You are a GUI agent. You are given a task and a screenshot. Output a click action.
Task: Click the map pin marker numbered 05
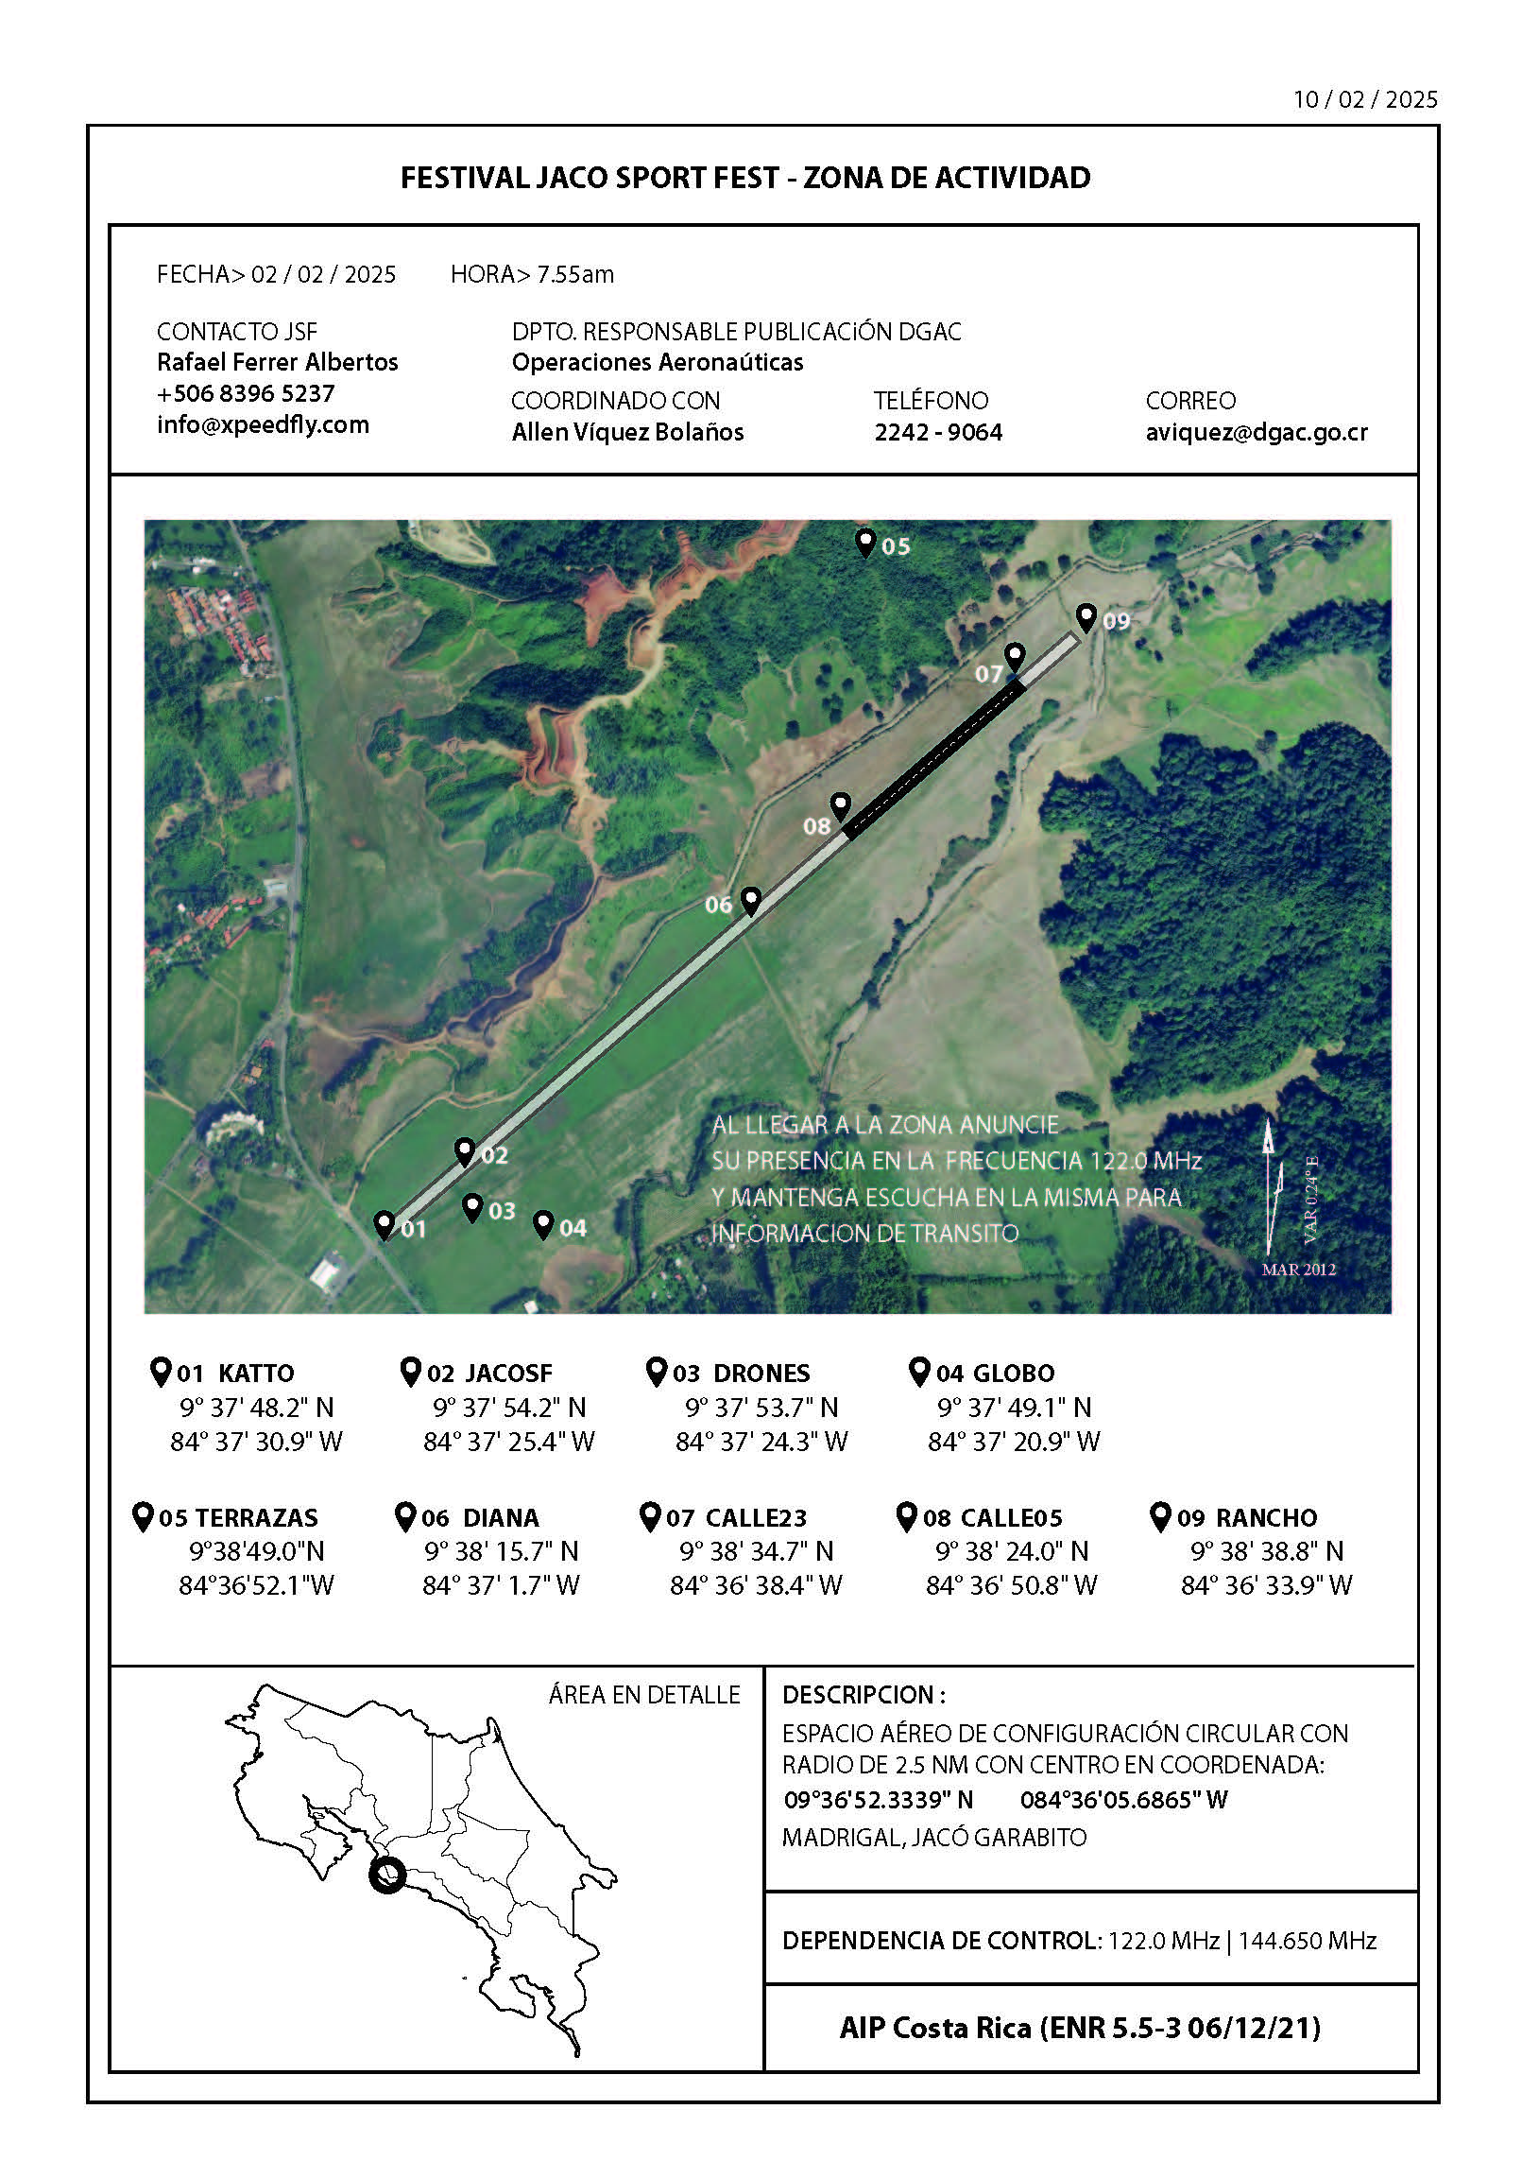[x=864, y=543]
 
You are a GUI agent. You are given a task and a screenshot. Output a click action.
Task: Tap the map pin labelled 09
[x=1086, y=617]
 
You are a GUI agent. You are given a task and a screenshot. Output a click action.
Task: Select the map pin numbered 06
[x=750, y=900]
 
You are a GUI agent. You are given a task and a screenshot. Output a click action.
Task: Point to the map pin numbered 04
[x=543, y=1223]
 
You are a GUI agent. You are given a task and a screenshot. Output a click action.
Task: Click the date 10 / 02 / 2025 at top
[x=1365, y=99]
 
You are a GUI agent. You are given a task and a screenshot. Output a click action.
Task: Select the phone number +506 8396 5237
[x=246, y=393]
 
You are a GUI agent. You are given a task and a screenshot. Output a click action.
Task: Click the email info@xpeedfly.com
[x=263, y=425]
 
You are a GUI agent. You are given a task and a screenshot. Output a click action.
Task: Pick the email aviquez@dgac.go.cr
[x=1257, y=433]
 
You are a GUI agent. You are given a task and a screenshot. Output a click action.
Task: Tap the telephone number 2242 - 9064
[x=938, y=433]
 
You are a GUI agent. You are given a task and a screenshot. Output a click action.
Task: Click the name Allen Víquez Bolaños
[x=627, y=433]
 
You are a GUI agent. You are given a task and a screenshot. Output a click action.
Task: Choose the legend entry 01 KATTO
[x=224, y=1373]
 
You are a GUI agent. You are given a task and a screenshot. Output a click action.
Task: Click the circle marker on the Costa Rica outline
[x=387, y=1875]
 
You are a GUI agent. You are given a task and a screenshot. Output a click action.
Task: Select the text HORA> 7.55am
[x=532, y=275]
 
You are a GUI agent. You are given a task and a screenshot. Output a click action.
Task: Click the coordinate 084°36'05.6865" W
[x=1123, y=1800]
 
